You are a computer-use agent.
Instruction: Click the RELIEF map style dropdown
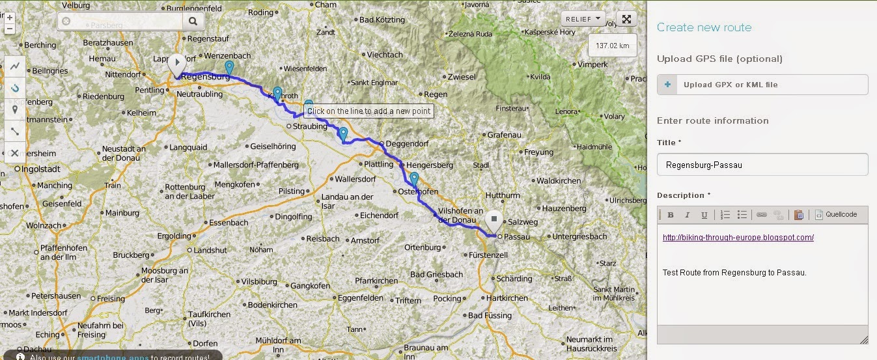[583, 19]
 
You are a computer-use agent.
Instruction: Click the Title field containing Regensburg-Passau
[762, 165]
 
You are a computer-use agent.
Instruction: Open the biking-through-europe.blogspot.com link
[738, 238]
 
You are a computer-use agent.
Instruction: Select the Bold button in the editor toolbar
[671, 215]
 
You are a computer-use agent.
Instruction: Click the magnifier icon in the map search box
[193, 21]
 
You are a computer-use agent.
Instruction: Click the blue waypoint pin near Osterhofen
[413, 179]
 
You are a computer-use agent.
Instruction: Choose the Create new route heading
[704, 27]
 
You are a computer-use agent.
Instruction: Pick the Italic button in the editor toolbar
[687, 215]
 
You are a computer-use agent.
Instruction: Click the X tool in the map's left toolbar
[14, 153]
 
